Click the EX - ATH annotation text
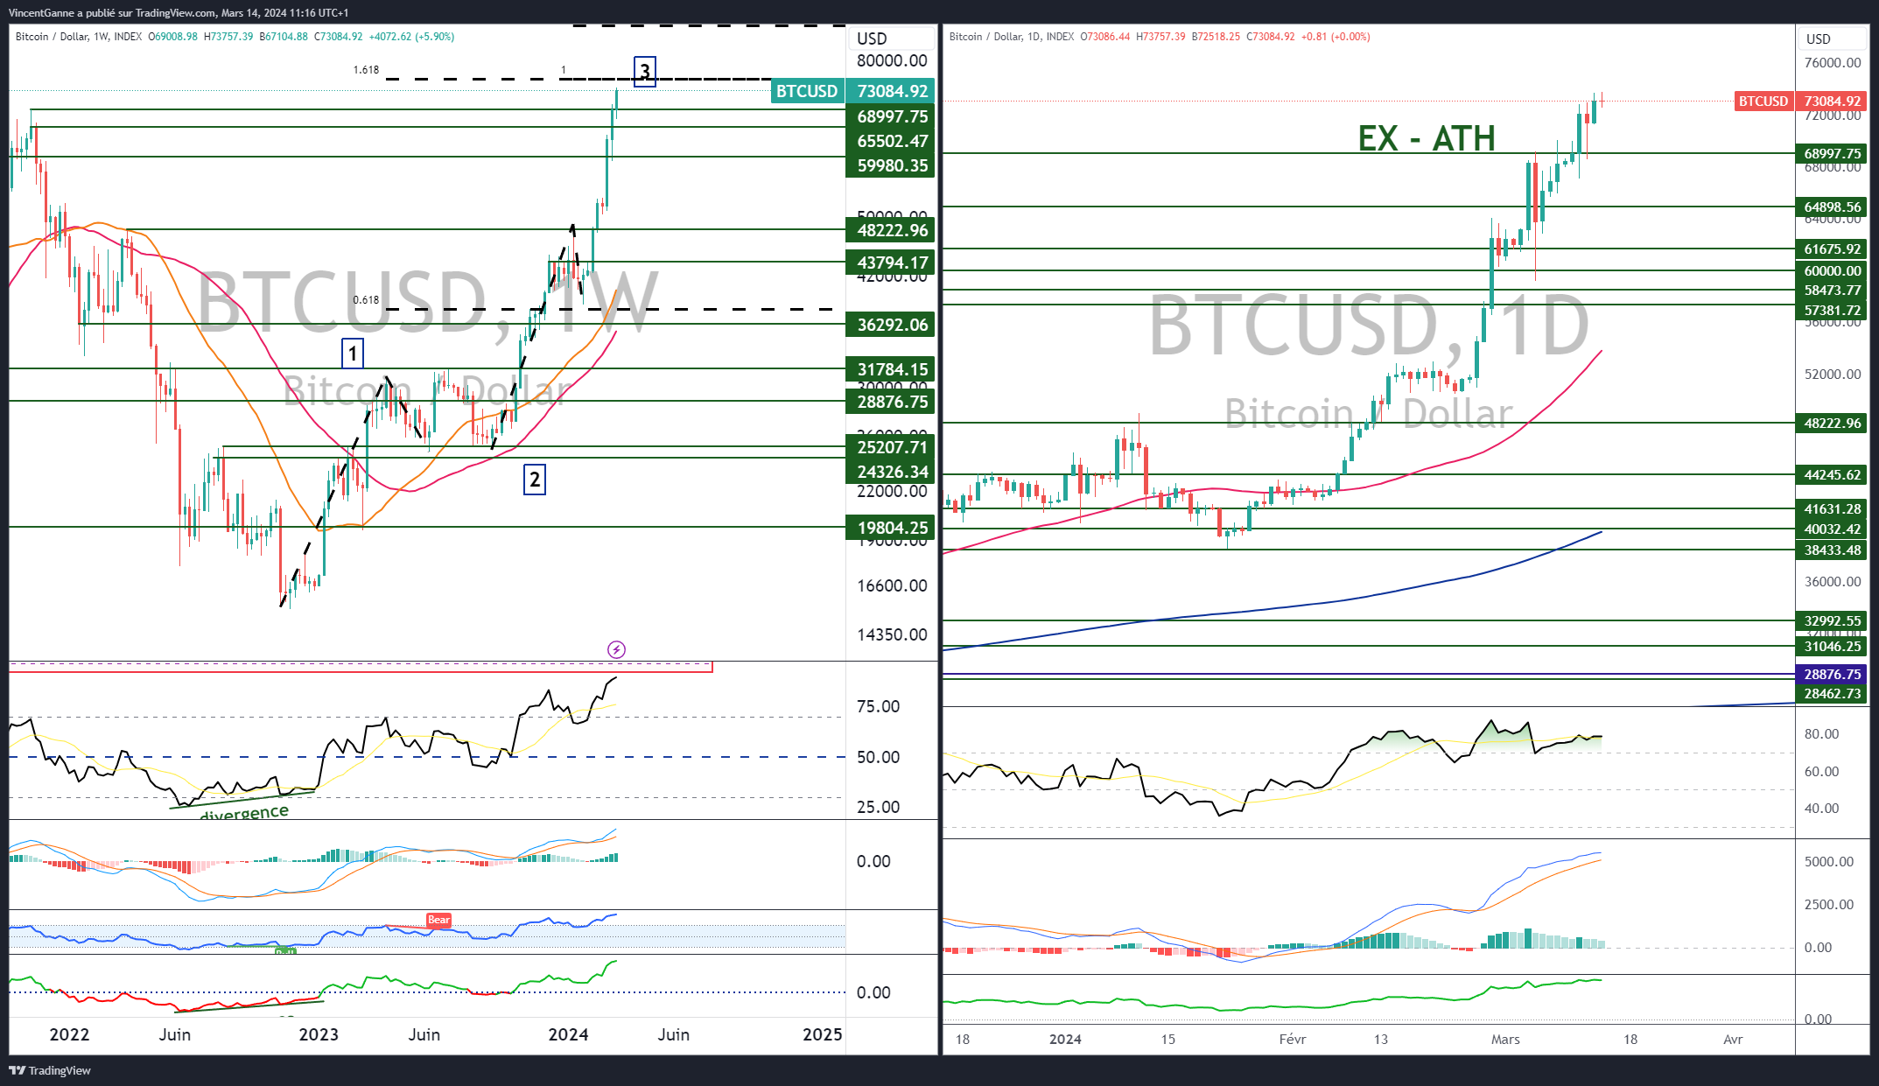click(1426, 138)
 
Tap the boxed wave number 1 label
click(353, 354)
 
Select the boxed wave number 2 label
click(535, 479)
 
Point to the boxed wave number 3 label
click(645, 71)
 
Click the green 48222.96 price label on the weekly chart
click(891, 230)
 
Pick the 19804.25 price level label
click(891, 528)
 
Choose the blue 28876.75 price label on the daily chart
click(1832, 675)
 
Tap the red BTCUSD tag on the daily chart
click(1763, 102)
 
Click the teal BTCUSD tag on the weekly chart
click(806, 91)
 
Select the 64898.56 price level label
click(1832, 207)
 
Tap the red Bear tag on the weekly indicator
click(438, 920)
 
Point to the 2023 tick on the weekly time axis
click(319, 1034)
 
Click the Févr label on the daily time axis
click(1292, 1040)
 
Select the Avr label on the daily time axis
click(1733, 1040)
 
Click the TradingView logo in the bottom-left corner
click(50, 1070)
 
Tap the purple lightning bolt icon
click(616, 649)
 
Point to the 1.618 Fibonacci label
click(366, 70)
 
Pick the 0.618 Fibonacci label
click(366, 300)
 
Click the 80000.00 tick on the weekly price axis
click(891, 61)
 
